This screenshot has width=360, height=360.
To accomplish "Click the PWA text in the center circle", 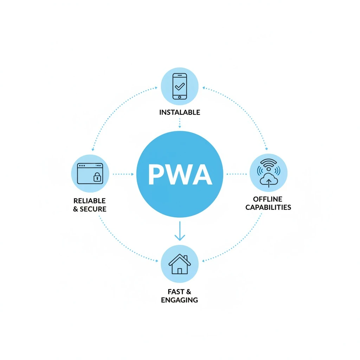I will (180, 174).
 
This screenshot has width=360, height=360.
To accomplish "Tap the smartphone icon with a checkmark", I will (180, 86).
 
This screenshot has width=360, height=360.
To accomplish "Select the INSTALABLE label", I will (180, 112).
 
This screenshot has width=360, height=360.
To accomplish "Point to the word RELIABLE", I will (89, 201).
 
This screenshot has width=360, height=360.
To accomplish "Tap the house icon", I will (180, 264).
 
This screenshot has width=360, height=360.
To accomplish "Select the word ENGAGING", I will (179, 300).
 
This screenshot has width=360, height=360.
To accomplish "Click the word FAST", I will (175, 291).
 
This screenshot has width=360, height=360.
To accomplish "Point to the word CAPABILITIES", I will (268, 207).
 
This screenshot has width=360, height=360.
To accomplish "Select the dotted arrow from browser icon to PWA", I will (123, 174).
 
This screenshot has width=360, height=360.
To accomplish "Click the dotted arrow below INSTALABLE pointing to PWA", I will (180, 123).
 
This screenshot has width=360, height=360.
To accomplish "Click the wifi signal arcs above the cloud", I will (268, 164).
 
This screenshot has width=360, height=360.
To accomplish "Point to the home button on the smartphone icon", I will (180, 97).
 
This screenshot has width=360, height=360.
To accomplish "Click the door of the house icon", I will (180, 271).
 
